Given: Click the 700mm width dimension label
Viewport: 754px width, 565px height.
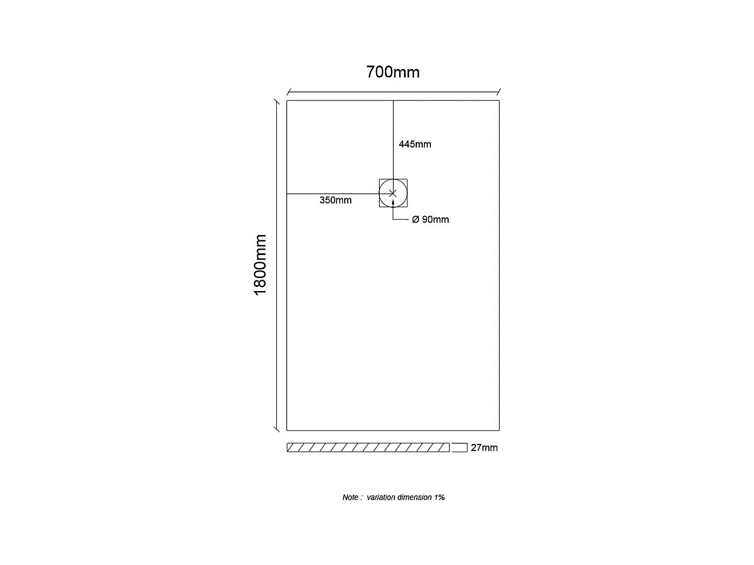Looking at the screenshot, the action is tap(393, 72).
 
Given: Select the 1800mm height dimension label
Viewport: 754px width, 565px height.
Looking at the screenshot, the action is tap(260, 265).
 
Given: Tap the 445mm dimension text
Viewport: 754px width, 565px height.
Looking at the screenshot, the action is tap(414, 144).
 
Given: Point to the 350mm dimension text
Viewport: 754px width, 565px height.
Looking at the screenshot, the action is tap(335, 200).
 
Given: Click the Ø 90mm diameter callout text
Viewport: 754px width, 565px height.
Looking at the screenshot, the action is tap(430, 220).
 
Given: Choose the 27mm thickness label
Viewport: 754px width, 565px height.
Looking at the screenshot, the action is tap(484, 448).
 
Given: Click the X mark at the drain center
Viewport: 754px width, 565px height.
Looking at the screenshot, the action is tap(393, 193).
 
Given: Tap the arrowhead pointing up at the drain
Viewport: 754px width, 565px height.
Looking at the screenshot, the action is tap(393, 203).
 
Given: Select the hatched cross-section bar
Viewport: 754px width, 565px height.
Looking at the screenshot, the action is tap(368, 448).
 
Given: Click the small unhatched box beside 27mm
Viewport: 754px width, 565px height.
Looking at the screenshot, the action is tap(459, 448).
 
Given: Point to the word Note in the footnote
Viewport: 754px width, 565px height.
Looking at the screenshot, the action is tap(351, 497).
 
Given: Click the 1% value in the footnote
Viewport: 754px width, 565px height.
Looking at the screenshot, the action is tap(439, 497).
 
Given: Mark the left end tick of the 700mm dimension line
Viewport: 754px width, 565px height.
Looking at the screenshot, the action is tap(288, 92).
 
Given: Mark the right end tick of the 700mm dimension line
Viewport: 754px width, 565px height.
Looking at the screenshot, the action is tap(499, 92).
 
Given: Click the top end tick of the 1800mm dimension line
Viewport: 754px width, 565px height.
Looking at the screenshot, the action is tap(276, 101).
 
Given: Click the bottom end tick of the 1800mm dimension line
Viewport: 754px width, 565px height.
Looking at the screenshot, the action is tap(276, 430).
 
